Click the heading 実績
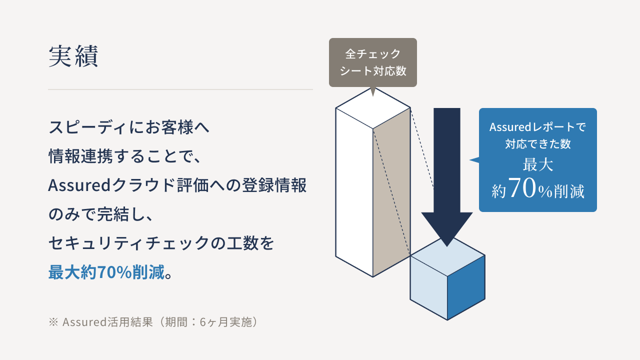pyautogui.click(x=73, y=56)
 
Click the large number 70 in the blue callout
pyautogui.click(x=523, y=187)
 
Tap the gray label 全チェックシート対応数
pyautogui.click(x=373, y=62)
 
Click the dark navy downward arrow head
pyautogui.click(x=447, y=229)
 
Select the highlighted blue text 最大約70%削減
pyautogui.click(x=106, y=271)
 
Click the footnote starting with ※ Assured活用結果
pyautogui.click(x=153, y=322)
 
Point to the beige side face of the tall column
pyautogui.click(x=391, y=192)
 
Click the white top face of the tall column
pyautogui.click(x=373, y=108)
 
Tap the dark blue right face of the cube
pyautogui.click(x=466, y=287)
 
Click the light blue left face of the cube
pyautogui.click(x=428, y=287)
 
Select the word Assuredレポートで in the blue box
pyautogui.click(x=537, y=127)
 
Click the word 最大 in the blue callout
pyautogui.click(x=537, y=165)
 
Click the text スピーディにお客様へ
pyautogui.click(x=129, y=127)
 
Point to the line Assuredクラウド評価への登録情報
pyautogui.click(x=177, y=185)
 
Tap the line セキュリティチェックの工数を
pyautogui.click(x=161, y=243)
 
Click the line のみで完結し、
pyautogui.click(x=101, y=214)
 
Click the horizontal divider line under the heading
pyautogui.click(x=180, y=89)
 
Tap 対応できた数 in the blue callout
pyautogui.click(x=537, y=144)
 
